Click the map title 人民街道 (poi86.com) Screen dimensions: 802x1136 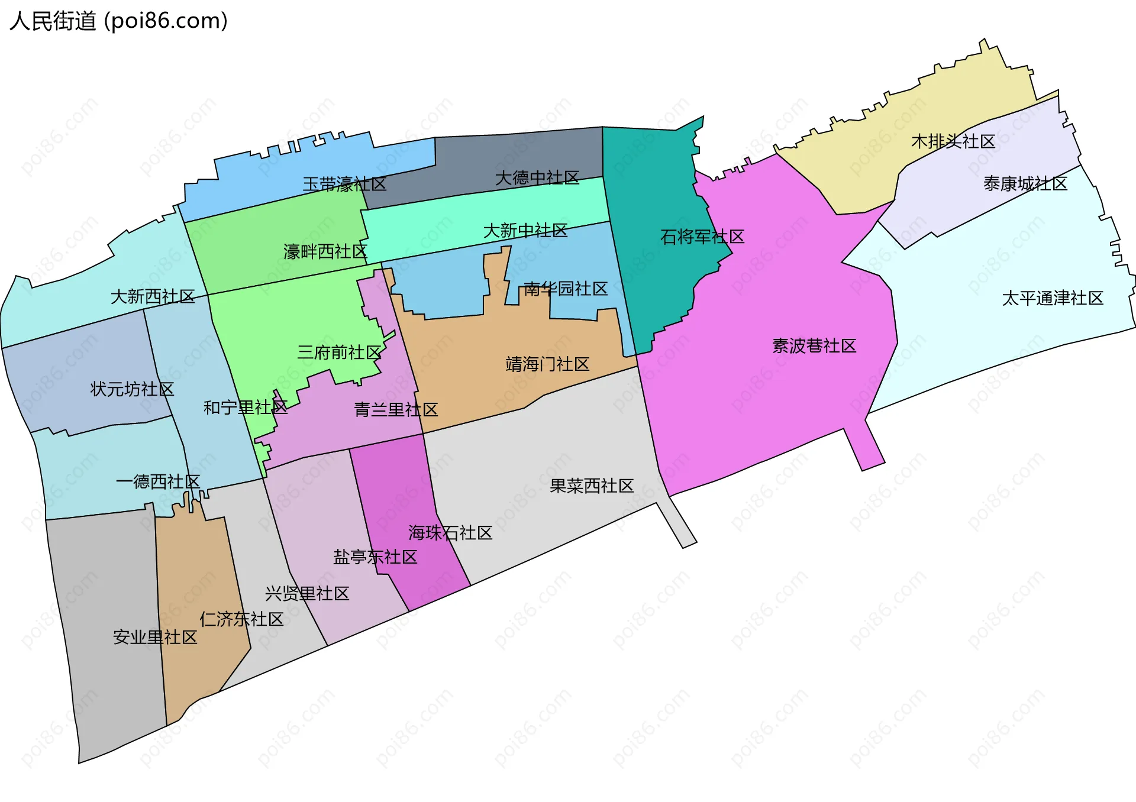point(118,21)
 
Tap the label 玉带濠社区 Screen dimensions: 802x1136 point(344,184)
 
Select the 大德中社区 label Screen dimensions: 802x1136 point(537,177)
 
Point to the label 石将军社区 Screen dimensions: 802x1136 point(702,237)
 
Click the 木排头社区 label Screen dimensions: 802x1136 point(953,141)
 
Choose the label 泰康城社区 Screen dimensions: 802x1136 point(1025,184)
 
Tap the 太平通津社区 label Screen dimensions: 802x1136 point(1053,298)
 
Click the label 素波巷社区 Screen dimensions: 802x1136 point(814,346)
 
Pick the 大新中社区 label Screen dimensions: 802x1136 point(525,231)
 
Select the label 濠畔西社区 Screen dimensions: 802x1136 point(325,252)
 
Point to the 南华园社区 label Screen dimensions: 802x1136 point(566,289)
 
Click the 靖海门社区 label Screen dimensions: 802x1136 point(547,364)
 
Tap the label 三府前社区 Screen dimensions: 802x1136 point(339,353)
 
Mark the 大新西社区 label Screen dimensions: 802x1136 point(153,296)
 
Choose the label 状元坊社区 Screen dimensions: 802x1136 point(132,389)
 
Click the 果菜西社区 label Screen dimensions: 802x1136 point(592,486)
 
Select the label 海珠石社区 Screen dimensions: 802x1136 point(450,533)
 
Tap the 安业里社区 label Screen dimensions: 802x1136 point(155,637)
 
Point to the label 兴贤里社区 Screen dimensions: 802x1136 point(307,593)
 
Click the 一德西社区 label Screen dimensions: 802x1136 point(158,481)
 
